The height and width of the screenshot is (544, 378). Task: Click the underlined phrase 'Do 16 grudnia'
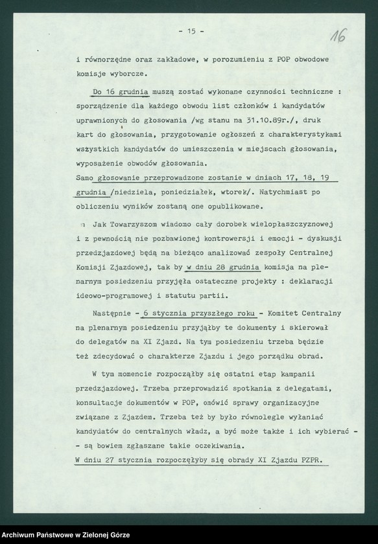[x=121, y=91]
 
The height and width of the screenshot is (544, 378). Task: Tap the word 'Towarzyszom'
[x=142, y=225]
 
